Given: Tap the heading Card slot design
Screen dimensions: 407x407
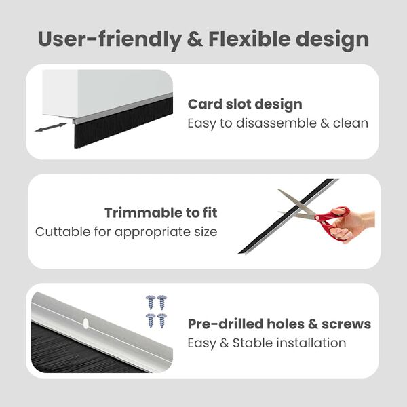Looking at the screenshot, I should [245, 104].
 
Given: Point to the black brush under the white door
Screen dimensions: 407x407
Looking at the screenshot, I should [122, 125].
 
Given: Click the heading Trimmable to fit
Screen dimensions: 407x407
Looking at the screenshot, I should [161, 213].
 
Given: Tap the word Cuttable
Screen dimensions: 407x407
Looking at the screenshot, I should [62, 232].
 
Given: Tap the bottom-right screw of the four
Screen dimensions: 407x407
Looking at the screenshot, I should [162, 319].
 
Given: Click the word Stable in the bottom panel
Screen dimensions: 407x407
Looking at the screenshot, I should [253, 343].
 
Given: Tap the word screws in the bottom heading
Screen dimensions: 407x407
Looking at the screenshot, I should [348, 324].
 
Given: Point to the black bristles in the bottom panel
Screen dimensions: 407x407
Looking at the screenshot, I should [68, 349].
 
